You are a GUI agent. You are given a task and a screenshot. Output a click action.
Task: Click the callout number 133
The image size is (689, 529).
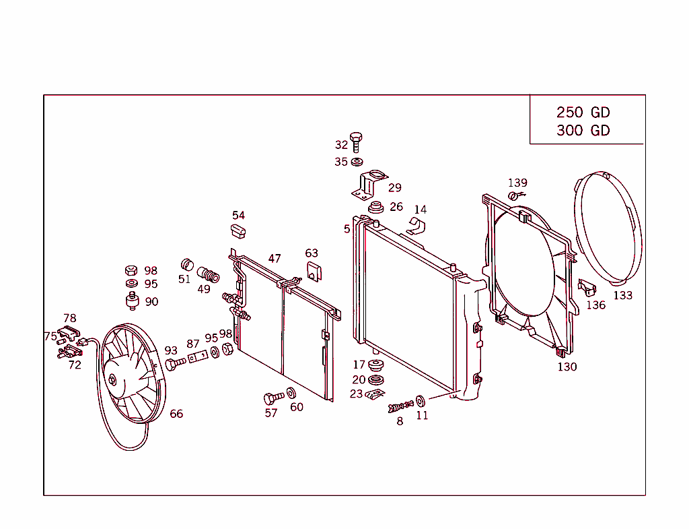623,295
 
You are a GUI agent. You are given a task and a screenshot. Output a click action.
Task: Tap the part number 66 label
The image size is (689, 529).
176,414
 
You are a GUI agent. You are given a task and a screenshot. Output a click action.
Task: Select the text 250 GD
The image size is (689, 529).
583,113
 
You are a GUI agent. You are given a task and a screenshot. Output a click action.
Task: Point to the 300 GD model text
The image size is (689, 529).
583,131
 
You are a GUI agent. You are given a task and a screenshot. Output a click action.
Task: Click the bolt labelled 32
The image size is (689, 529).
357,141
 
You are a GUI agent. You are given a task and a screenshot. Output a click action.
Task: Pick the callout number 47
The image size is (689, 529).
275,259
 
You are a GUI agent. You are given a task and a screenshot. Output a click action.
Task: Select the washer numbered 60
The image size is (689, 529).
291,394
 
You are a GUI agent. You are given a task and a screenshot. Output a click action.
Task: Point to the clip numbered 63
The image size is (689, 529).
313,272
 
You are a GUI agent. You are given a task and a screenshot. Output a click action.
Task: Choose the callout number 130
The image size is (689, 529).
567,367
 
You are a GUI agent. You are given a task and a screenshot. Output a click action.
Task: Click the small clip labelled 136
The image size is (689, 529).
587,288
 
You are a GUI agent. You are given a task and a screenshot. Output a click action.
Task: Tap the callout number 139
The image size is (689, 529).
517,183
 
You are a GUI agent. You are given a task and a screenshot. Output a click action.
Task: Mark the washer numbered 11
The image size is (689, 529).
421,402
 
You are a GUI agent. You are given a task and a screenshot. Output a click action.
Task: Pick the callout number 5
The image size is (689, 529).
347,229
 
